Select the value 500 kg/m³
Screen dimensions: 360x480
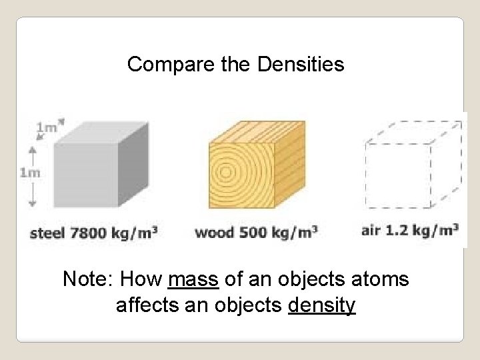coord(275,233)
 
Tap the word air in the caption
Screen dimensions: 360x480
coord(370,231)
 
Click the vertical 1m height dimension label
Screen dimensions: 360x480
coord(30,173)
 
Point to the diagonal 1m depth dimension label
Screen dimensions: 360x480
coord(47,126)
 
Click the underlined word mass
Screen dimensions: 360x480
coord(194,279)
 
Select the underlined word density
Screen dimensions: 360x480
coord(322,306)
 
